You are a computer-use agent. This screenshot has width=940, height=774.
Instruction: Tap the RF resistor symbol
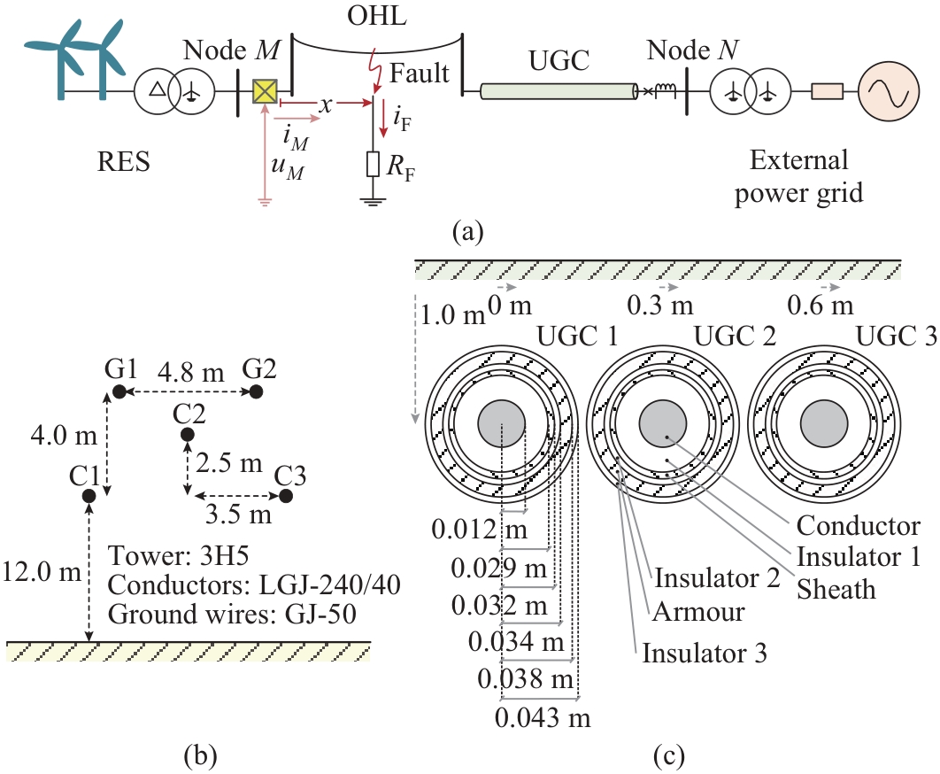coord(374,165)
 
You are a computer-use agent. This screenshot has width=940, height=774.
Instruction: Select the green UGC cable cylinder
coord(559,90)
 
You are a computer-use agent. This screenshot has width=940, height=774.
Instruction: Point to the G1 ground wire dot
coord(117,391)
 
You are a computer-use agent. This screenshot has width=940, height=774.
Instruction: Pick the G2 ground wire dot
coord(256,391)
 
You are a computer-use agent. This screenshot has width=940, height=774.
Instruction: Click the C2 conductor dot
coord(187,434)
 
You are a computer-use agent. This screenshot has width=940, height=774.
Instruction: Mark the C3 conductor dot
coord(285,495)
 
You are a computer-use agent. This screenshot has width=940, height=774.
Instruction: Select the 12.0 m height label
coord(42,569)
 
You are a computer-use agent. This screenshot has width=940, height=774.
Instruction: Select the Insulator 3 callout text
coord(705,654)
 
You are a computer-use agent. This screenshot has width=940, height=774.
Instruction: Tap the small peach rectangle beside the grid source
coord(828,90)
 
